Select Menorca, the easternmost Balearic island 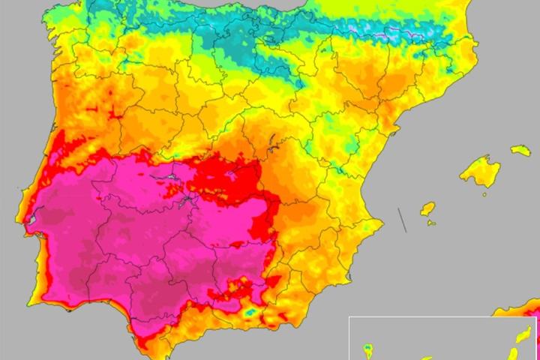pos(520,151)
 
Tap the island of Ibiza pos(427,208)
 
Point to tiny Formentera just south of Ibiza pos(430,222)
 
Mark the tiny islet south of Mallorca pos(484,194)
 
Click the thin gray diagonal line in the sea pos(402,220)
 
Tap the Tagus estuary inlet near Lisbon pos(31,220)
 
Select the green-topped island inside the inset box pos(368,349)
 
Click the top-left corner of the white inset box pos(349,317)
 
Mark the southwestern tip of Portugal pos(29,304)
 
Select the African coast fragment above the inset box pos(517,307)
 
